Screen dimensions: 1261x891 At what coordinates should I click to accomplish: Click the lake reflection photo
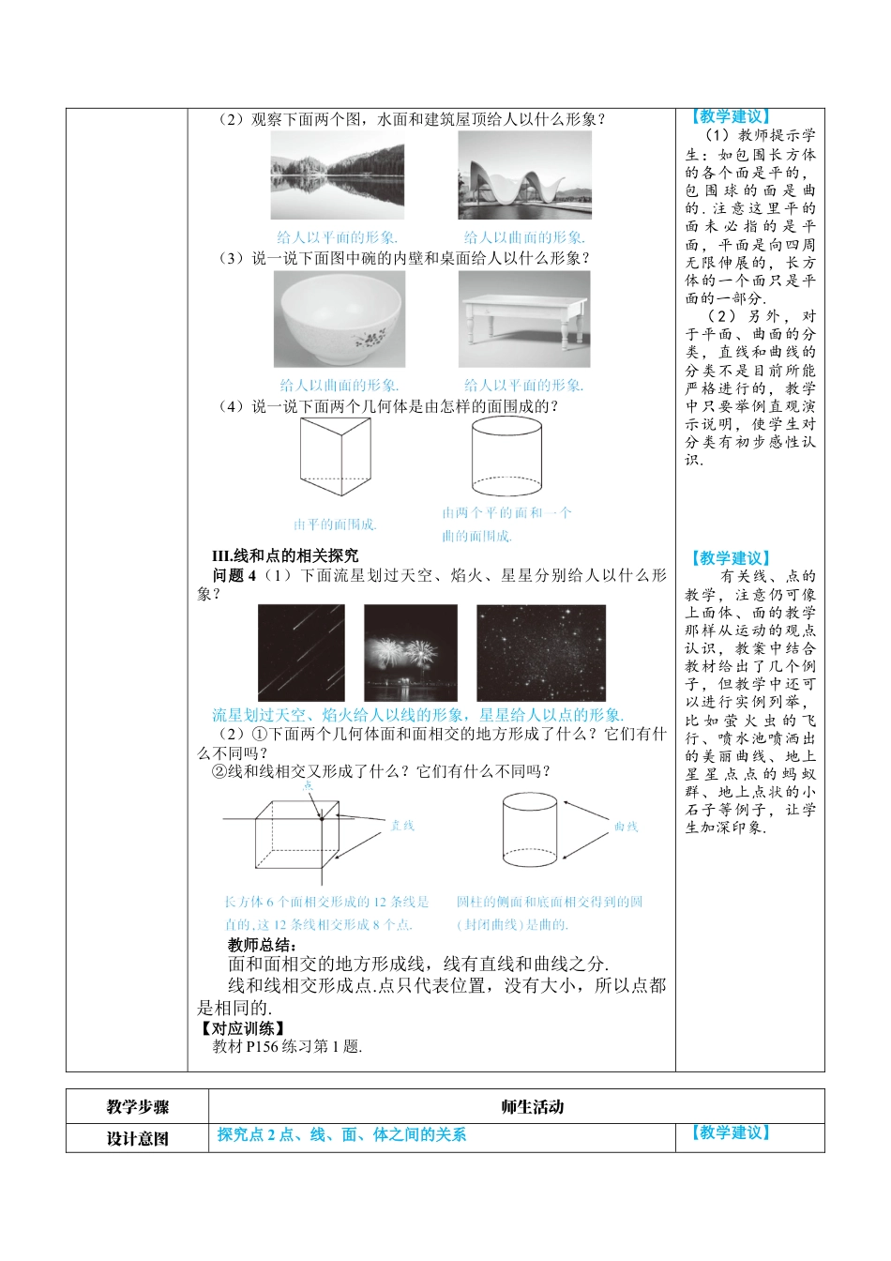338,176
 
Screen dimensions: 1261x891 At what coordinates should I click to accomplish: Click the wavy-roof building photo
524,176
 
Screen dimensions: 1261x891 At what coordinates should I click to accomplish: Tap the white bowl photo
340,319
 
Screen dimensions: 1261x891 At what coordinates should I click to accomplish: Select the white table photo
524,319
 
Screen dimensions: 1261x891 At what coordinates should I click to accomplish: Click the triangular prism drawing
335,457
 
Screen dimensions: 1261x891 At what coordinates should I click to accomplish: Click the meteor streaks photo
301,653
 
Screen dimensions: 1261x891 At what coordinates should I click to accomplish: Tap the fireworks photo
411,653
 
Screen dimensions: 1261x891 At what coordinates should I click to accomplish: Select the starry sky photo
541,653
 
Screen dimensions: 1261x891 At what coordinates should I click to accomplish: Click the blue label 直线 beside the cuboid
402,826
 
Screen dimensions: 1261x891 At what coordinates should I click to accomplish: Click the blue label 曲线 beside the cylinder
626,827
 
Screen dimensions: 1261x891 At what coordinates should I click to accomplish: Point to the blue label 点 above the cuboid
309,785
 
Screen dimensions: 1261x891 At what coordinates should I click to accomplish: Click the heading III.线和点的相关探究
285,555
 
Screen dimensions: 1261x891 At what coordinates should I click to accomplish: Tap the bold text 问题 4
234,575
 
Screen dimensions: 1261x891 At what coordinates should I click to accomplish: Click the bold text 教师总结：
263,945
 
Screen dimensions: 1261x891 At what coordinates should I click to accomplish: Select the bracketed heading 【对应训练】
243,1028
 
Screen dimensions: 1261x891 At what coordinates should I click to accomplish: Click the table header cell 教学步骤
137,1107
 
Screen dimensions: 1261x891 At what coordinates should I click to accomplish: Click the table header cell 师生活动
532,1107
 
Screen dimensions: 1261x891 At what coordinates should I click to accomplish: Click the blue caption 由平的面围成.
335,524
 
